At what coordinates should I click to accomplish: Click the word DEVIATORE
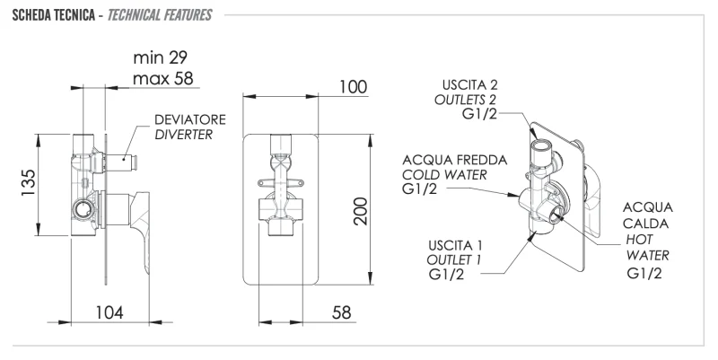click(189, 119)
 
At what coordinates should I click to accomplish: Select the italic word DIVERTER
click(184, 135)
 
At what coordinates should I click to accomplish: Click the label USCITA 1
click(455, 244)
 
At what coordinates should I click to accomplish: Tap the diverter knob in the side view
click(129, 162)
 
